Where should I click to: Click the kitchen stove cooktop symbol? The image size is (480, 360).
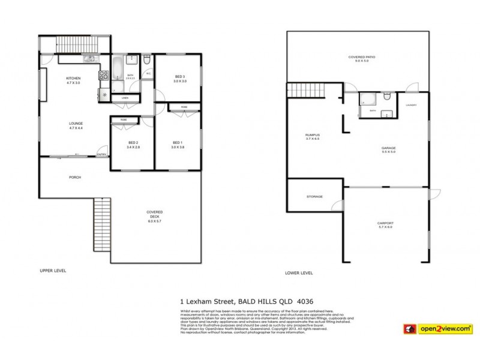[103, 76]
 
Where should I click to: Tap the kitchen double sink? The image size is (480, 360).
[89, 58]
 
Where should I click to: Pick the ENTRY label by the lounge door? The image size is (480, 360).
[101, 155]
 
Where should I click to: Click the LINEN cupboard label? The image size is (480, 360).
[125, 97]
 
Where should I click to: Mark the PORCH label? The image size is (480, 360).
[75, 177]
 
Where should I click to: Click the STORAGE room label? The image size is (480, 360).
[314, 197]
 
